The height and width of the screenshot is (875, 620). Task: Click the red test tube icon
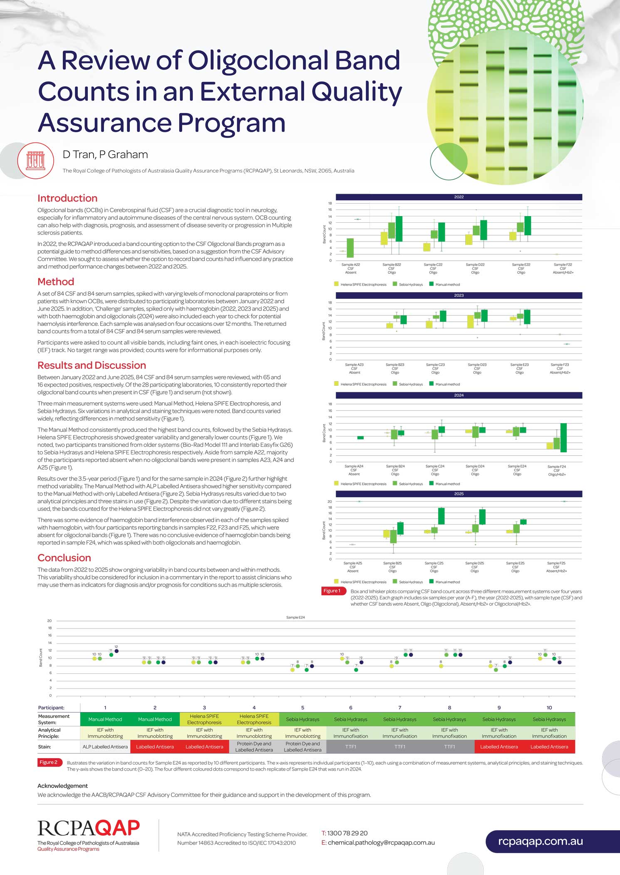click(x=36, y=160)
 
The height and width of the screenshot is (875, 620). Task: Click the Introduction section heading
click(x=67, y=198)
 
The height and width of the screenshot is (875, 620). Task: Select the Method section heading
click(x=56, y=282)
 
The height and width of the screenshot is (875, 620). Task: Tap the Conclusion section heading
click(x=64, y=558)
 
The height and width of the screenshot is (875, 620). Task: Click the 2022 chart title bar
click(x=459, y=197)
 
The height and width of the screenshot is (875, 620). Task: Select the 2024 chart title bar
click(x=459, y=395)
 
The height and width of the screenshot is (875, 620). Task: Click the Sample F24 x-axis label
click(x=557, y=470)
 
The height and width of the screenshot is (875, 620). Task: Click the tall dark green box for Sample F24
click(x=563, y=437)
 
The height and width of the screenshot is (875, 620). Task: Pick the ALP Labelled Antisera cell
click(x=105, y=747)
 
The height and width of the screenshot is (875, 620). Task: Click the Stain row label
click(x=44, y=747)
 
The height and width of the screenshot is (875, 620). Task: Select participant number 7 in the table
click(x=400, y=707)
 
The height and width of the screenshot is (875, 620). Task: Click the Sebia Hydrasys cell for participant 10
click(x=549, y=719)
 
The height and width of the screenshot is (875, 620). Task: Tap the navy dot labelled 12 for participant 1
click(x=116, y=651)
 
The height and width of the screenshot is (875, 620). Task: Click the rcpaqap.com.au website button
click(x=540, y=841)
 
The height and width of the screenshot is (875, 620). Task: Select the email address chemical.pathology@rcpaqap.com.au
click(x=381, y=843)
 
